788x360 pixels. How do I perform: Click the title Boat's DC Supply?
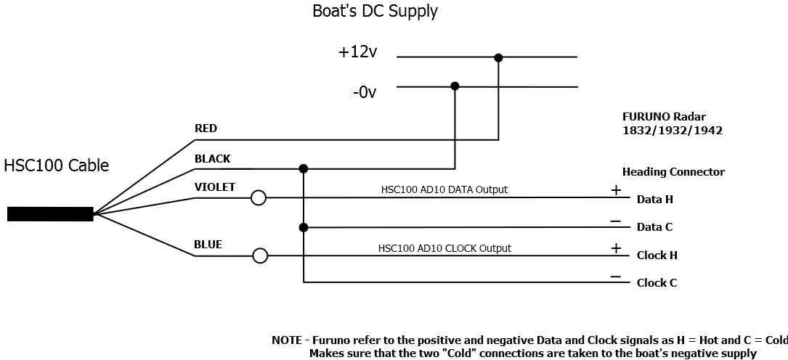(x=375, y=12)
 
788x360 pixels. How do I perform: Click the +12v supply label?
(x=357, y=53)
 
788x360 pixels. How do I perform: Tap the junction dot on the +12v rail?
(x=498, y=57)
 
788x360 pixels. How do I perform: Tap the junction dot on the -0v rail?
(x=455, y=86)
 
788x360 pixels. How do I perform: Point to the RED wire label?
(x=206, y=128)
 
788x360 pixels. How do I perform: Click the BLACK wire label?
(x=212, y=158)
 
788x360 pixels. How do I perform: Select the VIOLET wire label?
(x=214, y=187)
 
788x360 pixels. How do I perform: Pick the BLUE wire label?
(x=208, y=245)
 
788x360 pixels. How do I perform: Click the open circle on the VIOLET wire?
(x=258, y=197)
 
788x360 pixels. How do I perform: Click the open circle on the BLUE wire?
(x=260, y=255)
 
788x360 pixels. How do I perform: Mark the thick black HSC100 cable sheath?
(x=50, y=213)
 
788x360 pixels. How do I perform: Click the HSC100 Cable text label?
(x=57, y=165)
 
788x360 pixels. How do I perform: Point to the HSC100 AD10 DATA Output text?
(x=444, y=189)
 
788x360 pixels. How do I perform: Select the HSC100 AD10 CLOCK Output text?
(x=444, y=248)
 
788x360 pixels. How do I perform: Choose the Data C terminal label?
(x=654, y=227)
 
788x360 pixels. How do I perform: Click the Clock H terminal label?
(x=657, y=255)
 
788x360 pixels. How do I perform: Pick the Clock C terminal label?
(x=657, y=283)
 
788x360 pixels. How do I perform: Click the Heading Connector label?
(x=673, y=172)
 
